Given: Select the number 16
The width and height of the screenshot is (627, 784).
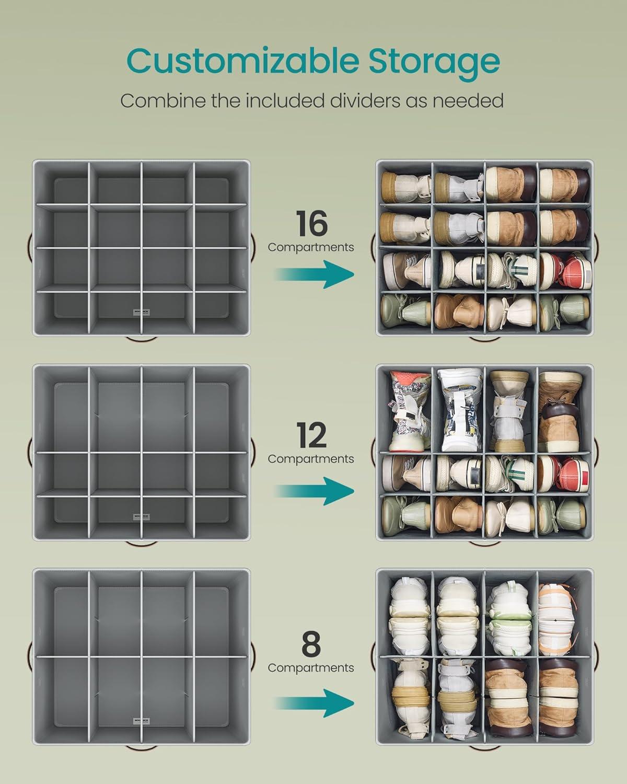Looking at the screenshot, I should (x=312, y=224).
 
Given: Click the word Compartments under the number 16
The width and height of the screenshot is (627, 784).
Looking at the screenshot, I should (x=311, y=247).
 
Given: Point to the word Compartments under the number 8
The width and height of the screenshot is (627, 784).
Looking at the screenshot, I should (x=311, y=667).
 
